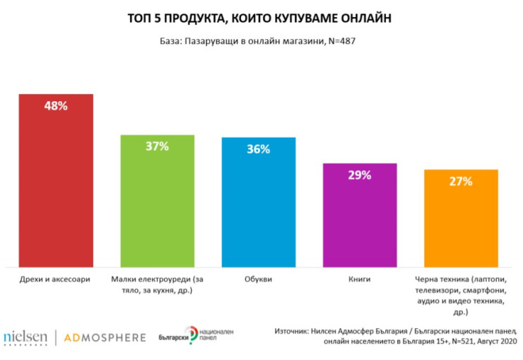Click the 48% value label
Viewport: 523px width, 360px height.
(x=57, y=106)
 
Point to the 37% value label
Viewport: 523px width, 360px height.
(x=157, y=146)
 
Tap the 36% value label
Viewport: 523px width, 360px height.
(x=258, y=149)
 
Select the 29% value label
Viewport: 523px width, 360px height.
(x=359, y=175)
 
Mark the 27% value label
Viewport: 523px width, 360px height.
(x=461, y=181)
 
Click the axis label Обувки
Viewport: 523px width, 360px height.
(x=258, y=279)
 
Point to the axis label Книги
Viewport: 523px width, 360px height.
(x=359, y=279)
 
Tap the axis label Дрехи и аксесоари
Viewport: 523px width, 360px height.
(x=56, y=279)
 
